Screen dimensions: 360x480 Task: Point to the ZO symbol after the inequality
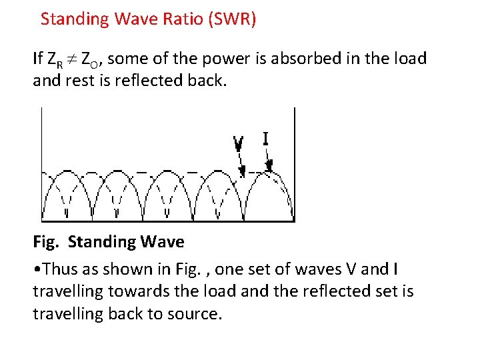coord(91,60)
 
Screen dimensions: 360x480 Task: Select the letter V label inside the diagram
coord(238,143)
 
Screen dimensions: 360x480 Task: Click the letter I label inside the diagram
coord(265,139)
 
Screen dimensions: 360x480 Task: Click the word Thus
coord(58,269)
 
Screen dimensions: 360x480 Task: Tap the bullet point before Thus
coord(36,270)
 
